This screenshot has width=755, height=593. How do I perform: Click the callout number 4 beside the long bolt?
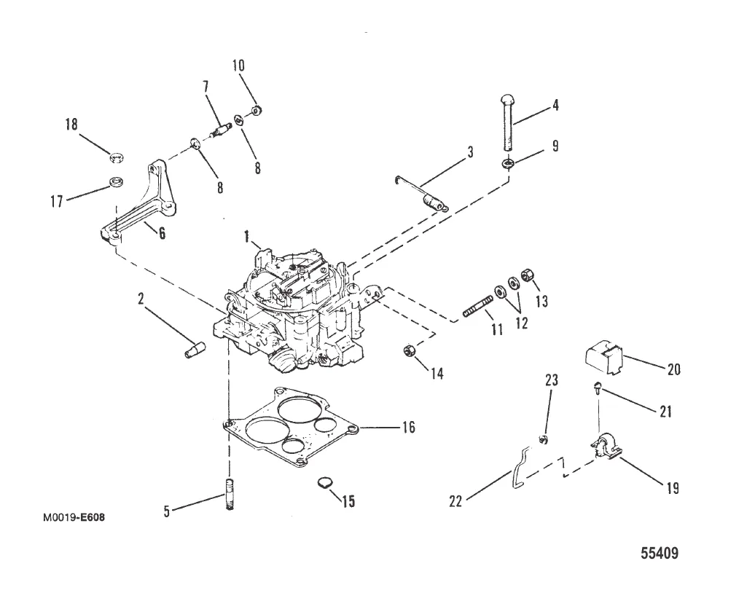click(555, 105)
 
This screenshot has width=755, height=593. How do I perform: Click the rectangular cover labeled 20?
click(604, 359)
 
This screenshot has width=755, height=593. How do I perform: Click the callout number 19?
click(673, 488)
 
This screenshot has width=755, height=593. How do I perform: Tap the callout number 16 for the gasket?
click(408, 428)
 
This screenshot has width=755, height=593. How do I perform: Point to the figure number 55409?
click(660, 553)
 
